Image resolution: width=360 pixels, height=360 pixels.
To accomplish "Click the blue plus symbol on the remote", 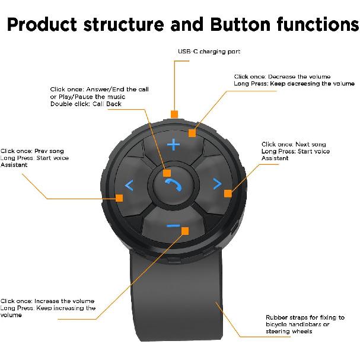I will [173, 145].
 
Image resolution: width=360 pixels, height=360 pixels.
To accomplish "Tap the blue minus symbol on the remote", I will [173, 226].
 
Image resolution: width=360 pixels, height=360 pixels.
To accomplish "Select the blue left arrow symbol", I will [129, 186].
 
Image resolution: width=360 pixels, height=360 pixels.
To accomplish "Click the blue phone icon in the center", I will [173, 185].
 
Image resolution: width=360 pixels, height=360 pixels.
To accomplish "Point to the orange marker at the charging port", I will [174, 113].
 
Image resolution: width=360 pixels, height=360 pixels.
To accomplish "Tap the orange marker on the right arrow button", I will [227, 192].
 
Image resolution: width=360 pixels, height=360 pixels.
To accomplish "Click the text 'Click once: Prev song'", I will [32, 151].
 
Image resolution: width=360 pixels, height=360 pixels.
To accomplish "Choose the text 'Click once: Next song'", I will [294, 144].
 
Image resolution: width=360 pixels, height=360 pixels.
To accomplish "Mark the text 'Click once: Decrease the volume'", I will [282, 77].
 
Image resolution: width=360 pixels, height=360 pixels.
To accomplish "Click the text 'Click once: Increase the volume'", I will [47, 301].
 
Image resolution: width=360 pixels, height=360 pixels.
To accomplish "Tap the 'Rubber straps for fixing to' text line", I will [305, 318].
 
